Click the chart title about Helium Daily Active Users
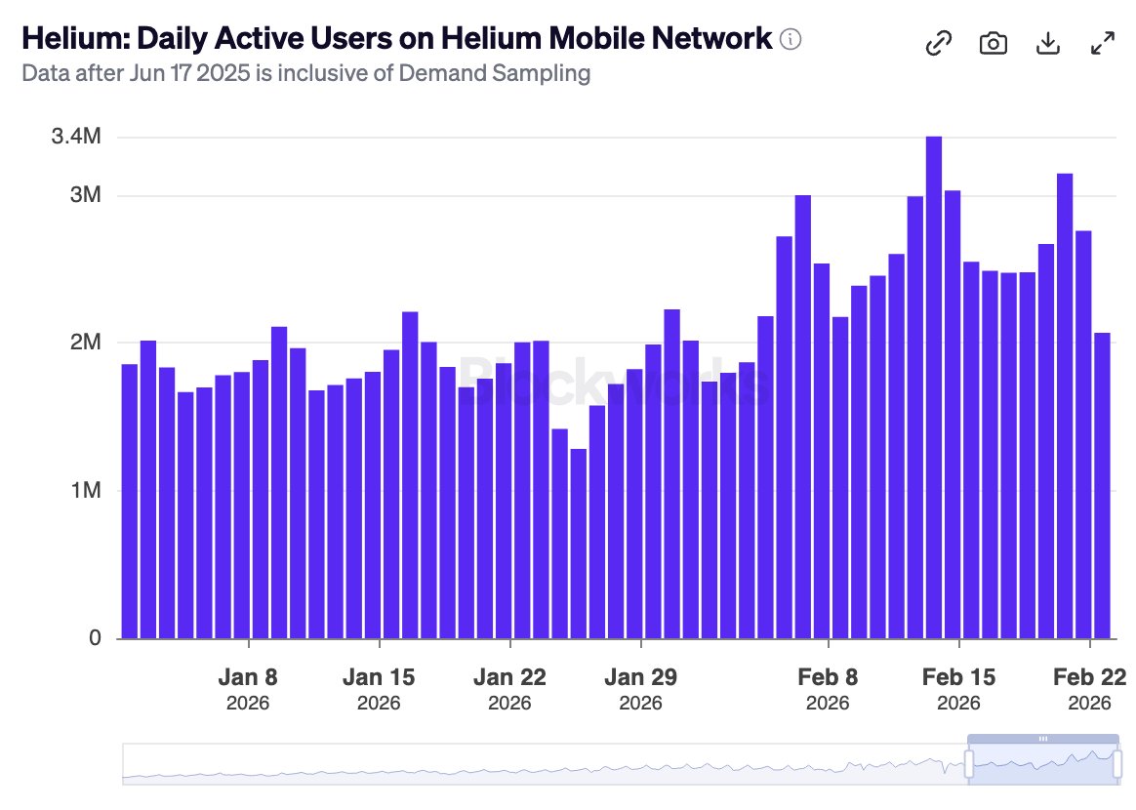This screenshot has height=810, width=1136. point(396,40)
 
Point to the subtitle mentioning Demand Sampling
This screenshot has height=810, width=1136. point(305,73)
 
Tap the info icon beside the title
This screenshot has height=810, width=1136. point(791,40)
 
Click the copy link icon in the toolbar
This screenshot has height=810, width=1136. point(938,44)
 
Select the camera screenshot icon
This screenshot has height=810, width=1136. point(993,44)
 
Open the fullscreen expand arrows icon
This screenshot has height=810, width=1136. point(1102,44)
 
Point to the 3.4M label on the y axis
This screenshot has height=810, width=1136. point(76,137)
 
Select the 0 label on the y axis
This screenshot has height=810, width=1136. point(95,638)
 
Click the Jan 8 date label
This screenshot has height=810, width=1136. point(249,677)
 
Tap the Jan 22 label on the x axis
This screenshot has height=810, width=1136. point(509,677)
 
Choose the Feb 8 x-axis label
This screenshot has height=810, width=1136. point(828,677)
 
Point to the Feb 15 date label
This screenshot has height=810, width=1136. point(958,677)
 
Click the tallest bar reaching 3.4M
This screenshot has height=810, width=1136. point(934,390)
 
